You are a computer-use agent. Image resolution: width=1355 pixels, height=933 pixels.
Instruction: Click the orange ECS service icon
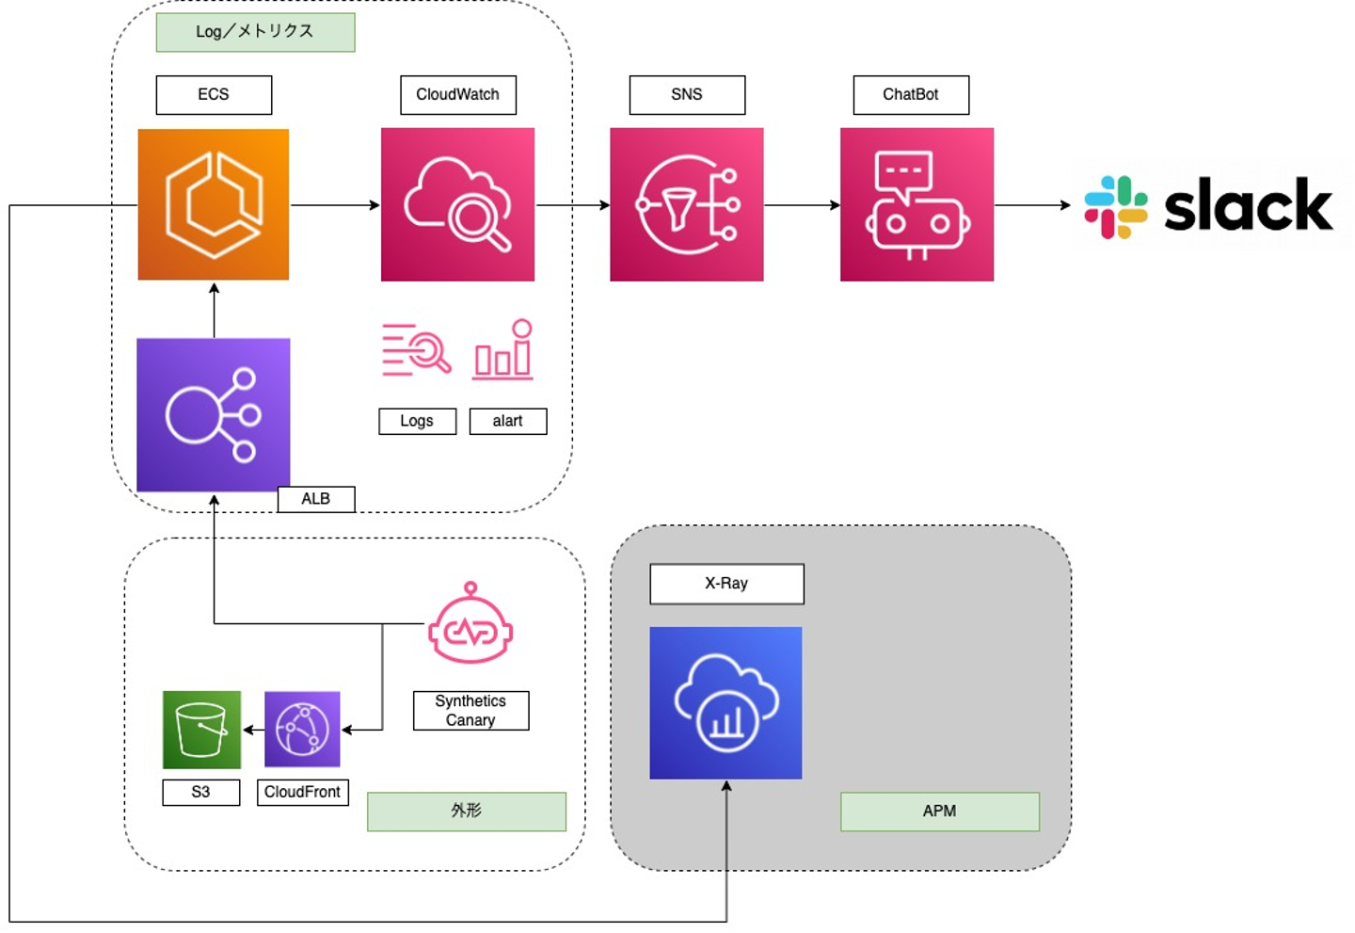click(x=214, y=204)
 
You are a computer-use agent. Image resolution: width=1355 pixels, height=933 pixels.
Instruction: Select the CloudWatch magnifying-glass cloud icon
click(x=457, y=204)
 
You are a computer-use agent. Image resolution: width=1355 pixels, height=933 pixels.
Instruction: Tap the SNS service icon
click(x=687, y=204)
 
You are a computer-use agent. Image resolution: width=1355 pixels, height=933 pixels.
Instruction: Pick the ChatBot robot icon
click(x=917, y=204)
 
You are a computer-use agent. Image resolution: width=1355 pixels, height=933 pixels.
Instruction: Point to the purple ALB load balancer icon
click(x=214, y=414)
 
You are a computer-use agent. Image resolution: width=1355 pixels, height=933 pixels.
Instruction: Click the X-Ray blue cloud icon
click(x=725, y=702)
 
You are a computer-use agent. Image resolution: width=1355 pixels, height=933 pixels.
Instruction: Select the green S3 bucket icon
click(x=201, y=730)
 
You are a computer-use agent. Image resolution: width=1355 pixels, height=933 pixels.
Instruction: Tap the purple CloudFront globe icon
click(x=302, y=730)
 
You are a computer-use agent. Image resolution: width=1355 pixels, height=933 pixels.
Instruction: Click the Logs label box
click(x=417, y=421)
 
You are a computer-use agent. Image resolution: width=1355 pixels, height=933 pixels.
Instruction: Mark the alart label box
click(x=508, y=421)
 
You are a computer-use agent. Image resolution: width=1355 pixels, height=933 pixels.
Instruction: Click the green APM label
click(x=939, y=812)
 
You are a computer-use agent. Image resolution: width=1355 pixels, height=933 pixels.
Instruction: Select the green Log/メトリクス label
click(x=255, y=32)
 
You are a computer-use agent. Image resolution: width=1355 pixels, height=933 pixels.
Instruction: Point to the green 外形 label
click(x=466, y=812)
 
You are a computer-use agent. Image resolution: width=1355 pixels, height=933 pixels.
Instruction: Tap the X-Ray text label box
click(x=726, y=584)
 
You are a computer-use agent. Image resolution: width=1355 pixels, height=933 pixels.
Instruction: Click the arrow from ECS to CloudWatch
click(x=335, y=205)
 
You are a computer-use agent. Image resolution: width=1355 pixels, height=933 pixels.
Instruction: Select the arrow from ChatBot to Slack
click(x=1032, y=205)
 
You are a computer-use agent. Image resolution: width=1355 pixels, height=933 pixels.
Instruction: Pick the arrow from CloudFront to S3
click(x=253, y=730)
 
